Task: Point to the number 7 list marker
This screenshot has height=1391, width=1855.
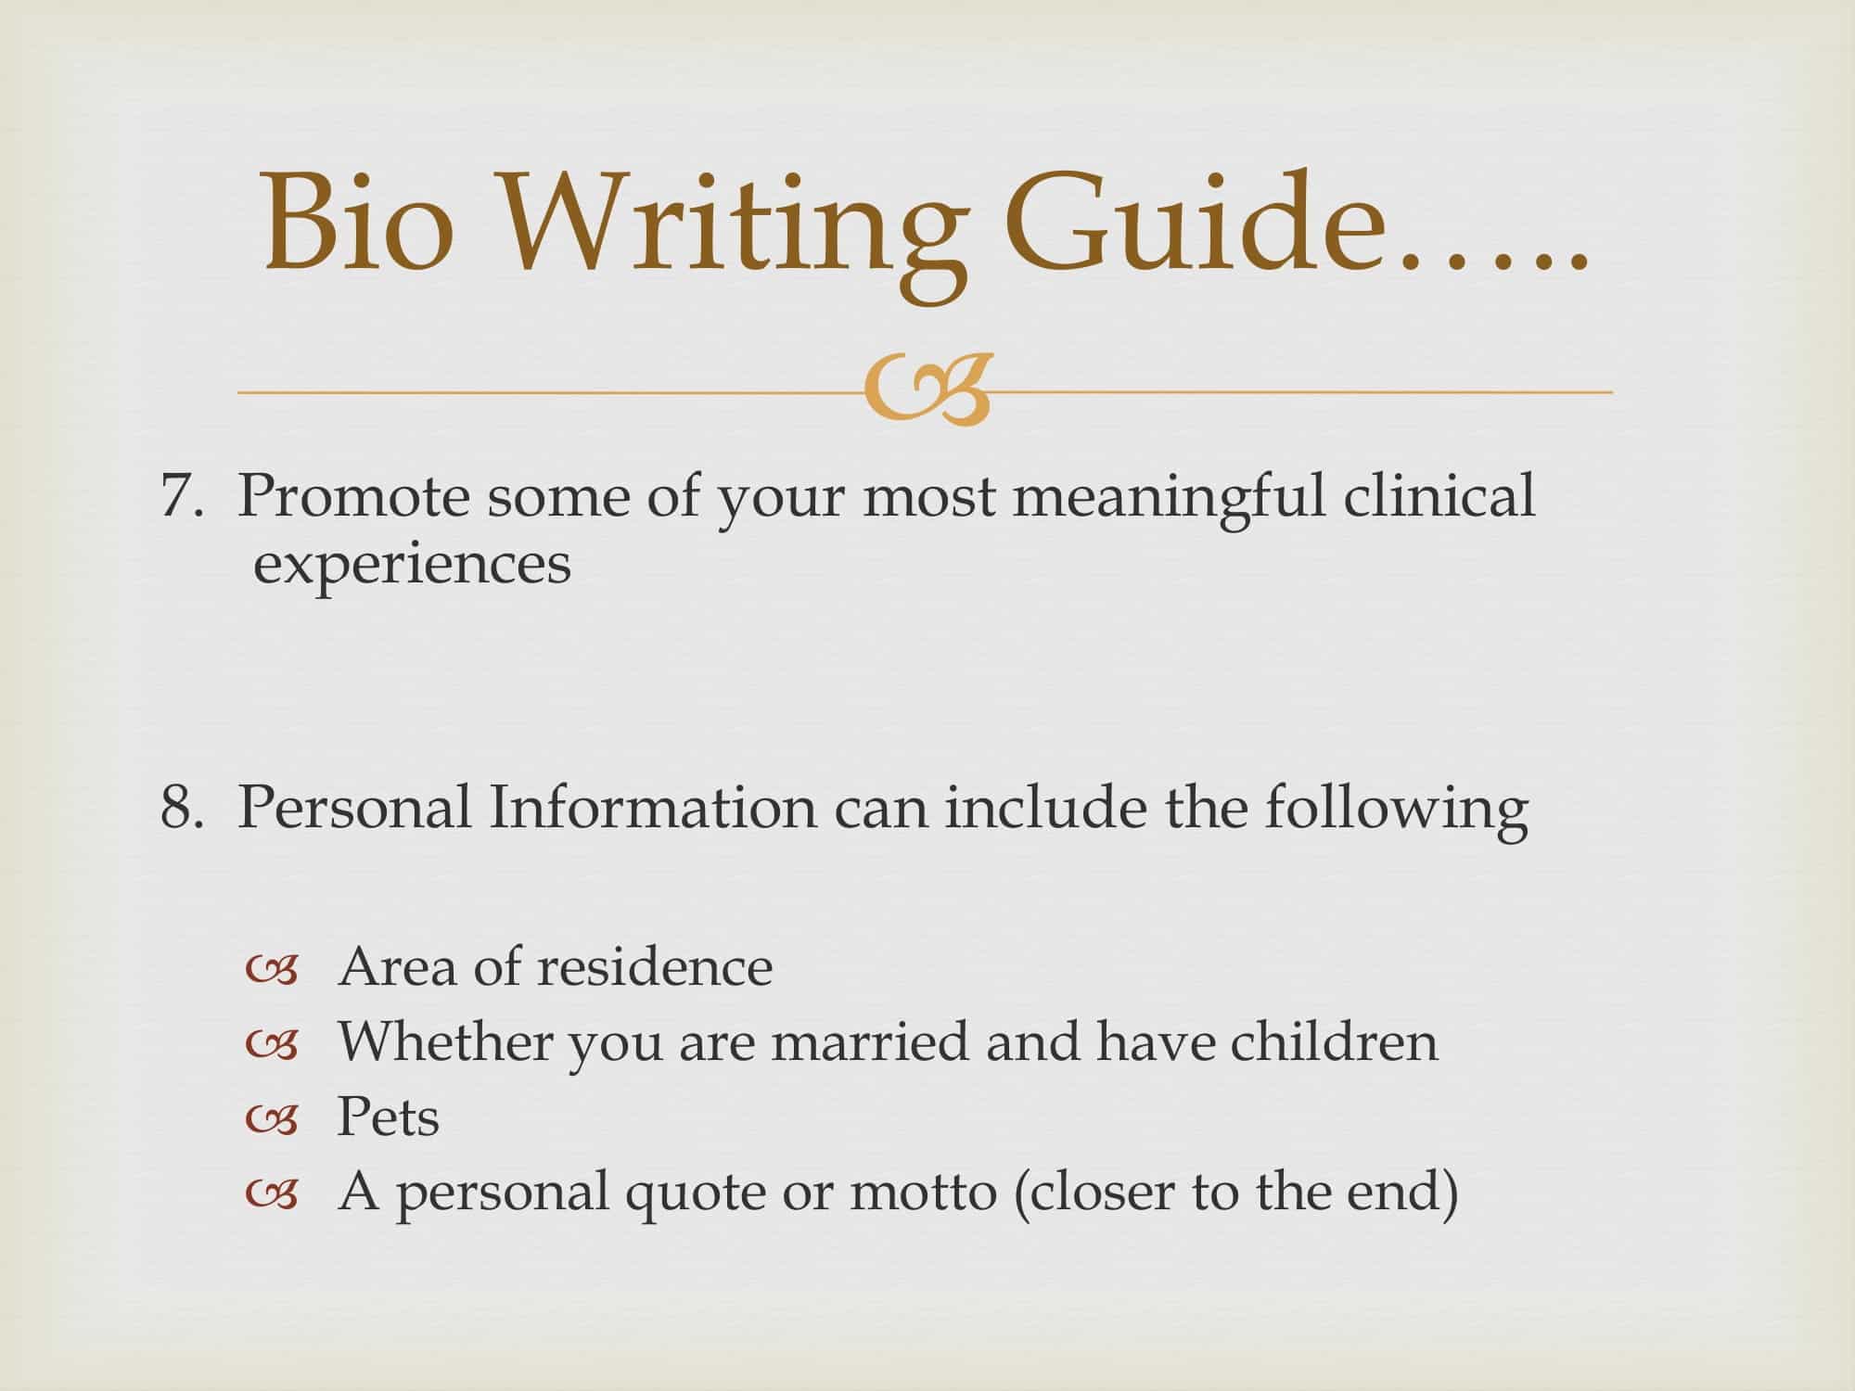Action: click(x=176, y=496)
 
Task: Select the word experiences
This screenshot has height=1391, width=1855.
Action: click(x=412, y=564)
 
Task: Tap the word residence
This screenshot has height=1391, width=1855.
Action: click(x=655, y=967)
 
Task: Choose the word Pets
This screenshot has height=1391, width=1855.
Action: click(x=388, y=1117)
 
